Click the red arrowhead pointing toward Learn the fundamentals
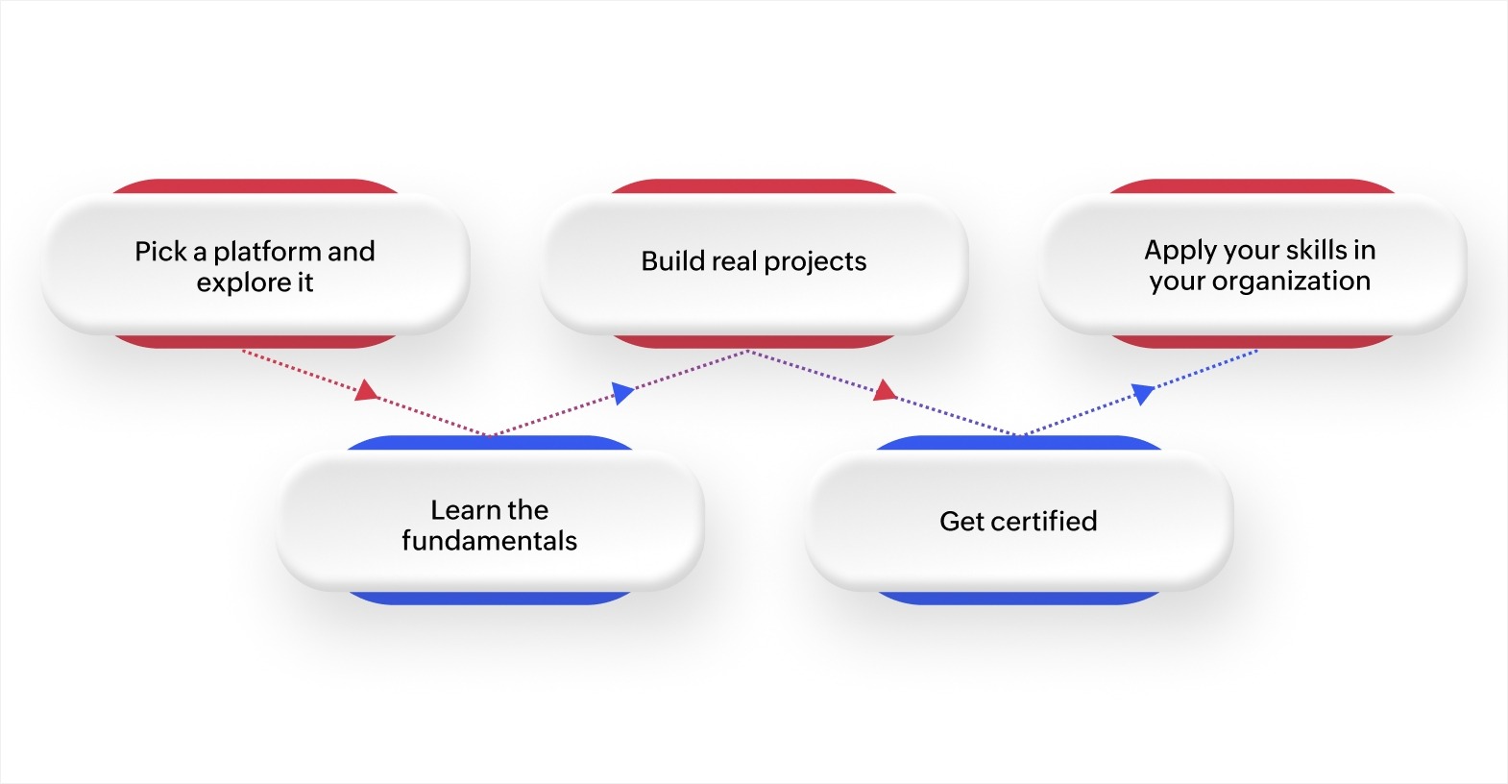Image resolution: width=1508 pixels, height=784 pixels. click(366, 390)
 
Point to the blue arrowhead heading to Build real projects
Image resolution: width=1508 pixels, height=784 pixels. click(623, 392)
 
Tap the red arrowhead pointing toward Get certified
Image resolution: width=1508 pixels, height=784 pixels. click(885, 390)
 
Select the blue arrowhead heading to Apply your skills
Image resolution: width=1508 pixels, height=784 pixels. click(1142, 392)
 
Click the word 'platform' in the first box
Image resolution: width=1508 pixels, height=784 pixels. click(267, 252)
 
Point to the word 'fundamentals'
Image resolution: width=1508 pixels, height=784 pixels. click(489, 541)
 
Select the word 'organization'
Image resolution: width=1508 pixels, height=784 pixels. click(1291, 281)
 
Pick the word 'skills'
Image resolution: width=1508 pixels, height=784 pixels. click(1316, 250)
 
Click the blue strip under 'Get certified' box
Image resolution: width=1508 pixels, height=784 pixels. click(1018, 598)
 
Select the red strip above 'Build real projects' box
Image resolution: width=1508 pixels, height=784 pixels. click(754, 185)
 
